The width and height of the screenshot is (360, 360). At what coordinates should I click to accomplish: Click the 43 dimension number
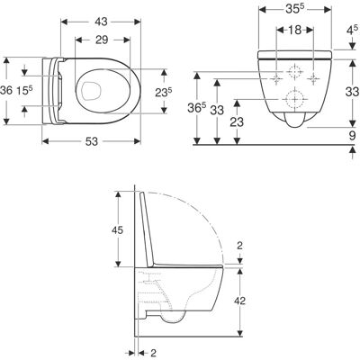101,22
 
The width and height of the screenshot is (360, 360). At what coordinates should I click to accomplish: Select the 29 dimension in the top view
102,40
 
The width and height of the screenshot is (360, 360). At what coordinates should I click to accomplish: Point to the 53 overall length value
92,141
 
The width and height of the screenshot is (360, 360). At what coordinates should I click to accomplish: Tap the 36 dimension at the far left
6,90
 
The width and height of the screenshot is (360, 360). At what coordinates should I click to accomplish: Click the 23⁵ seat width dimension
164,93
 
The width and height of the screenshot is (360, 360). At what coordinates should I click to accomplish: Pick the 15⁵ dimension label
24,90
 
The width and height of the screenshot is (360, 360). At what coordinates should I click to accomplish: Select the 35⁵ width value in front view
295,9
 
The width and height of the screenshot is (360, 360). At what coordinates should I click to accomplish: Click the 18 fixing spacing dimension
295,30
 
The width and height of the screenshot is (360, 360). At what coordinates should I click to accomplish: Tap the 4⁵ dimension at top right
353,31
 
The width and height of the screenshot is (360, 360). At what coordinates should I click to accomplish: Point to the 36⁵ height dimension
196,108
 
